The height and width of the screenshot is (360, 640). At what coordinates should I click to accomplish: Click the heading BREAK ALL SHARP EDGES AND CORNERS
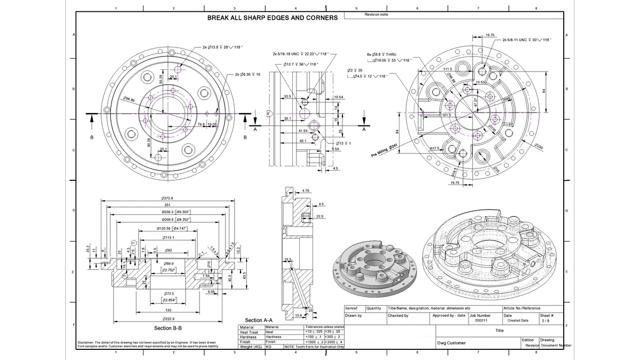click(272, 18)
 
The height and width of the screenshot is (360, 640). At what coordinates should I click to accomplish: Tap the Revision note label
click(376, 14)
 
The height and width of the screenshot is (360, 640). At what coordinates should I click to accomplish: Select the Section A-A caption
click(259, 320)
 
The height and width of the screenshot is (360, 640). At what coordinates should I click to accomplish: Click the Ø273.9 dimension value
click(167, 198)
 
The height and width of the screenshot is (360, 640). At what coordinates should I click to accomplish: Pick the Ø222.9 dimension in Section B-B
click(167, 319)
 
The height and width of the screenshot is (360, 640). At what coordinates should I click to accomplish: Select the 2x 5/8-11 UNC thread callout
click(526, 39)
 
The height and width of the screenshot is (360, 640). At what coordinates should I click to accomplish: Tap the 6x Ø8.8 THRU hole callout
click(381, 54)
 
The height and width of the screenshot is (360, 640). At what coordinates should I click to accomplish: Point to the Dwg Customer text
click(451, 343)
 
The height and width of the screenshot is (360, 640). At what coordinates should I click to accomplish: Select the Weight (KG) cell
click(251, 347)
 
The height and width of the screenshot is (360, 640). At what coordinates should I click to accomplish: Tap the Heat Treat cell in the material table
click(249, 332)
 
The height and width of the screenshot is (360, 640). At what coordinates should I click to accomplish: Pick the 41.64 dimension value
click(303, 131)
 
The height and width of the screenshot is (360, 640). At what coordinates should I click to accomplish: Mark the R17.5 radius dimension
click(434, 148)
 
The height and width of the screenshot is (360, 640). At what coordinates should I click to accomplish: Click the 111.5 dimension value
click(448, 69)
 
